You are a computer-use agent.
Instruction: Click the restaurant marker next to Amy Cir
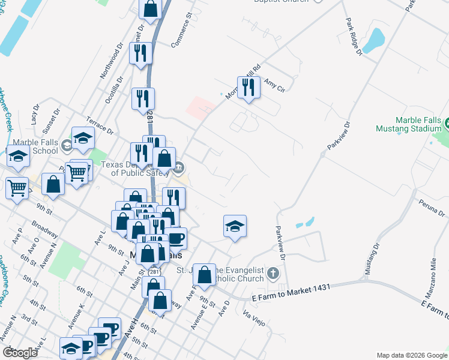[248, 88]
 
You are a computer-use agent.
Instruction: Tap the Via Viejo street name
[254, 318]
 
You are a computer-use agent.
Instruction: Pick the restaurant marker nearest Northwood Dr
[140, 53]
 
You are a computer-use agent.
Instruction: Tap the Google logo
[20, 352]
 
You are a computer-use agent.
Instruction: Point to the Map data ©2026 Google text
[411, 355]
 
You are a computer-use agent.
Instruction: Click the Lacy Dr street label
[34, 113]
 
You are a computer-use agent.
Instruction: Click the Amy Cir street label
[273, 85]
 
